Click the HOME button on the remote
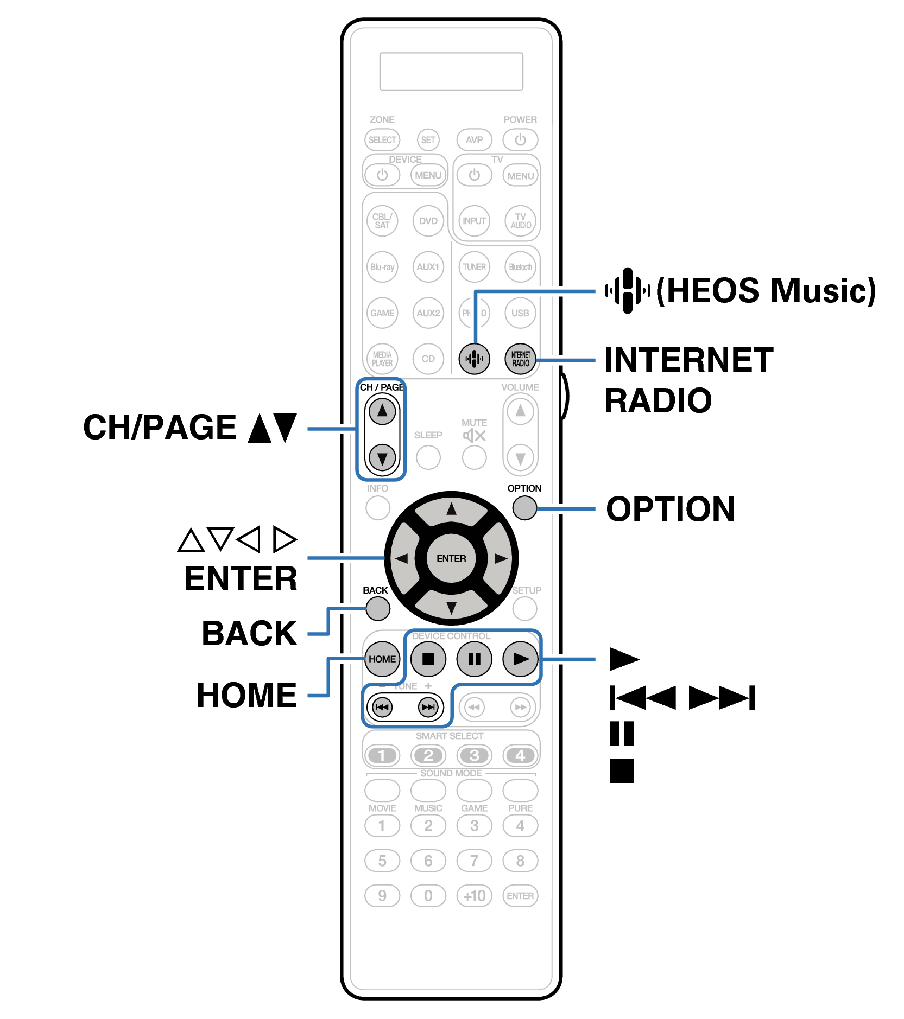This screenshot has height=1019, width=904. [x=382, y=659]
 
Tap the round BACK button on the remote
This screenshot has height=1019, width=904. [x=377, y=608]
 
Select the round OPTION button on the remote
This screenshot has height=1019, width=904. [x=524, y=507]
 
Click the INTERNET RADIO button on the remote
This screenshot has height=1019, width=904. [x=520, y=359]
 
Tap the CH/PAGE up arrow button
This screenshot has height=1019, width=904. [x=382, y=411]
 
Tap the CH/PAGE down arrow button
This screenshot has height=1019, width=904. [x=382, y=458]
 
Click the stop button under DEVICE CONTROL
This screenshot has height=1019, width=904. [x=428, y=659]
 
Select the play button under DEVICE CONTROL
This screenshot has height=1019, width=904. [x=520, y=659]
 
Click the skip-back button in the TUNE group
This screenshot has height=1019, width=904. [x=382, y=707]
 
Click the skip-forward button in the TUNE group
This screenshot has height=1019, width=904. [x=428, y=707]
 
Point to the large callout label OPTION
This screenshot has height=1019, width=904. [x=670, y=509]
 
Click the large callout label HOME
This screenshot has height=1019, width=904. [x=246, y=695]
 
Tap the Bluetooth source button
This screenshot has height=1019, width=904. [x=520, y=267]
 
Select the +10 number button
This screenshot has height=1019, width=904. [x=474, y=896]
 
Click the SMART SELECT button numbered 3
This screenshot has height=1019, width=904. [x=474, y=755]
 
